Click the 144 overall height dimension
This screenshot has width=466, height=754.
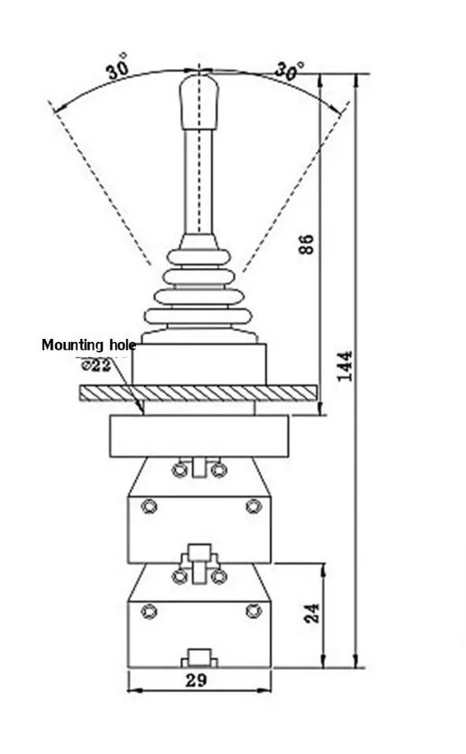tap(345, 366)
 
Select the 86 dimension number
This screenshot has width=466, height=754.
tap(307, 244)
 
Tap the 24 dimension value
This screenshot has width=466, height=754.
tap(312, 613)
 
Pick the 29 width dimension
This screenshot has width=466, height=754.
tap(196, 680)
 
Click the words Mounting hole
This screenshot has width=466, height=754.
tap(89, 345)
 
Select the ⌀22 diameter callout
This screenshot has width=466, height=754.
tap(96, 366)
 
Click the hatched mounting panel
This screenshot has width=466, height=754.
tap(198, 392)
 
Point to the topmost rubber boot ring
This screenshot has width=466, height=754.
tap(199, 256)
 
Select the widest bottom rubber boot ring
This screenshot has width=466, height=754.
tap(198, 316)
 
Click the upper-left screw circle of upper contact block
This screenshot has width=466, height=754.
tap(150, 506)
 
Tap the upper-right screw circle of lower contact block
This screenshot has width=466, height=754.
tap(253, 611)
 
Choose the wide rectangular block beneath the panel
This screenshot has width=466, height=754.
tap(199, 436)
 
